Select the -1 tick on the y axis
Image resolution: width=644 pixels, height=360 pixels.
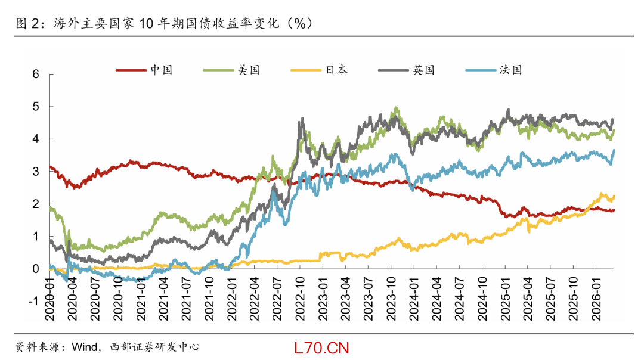click(x=33, y=302)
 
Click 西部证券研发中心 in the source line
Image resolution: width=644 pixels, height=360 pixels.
click(x=154, y=346)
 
